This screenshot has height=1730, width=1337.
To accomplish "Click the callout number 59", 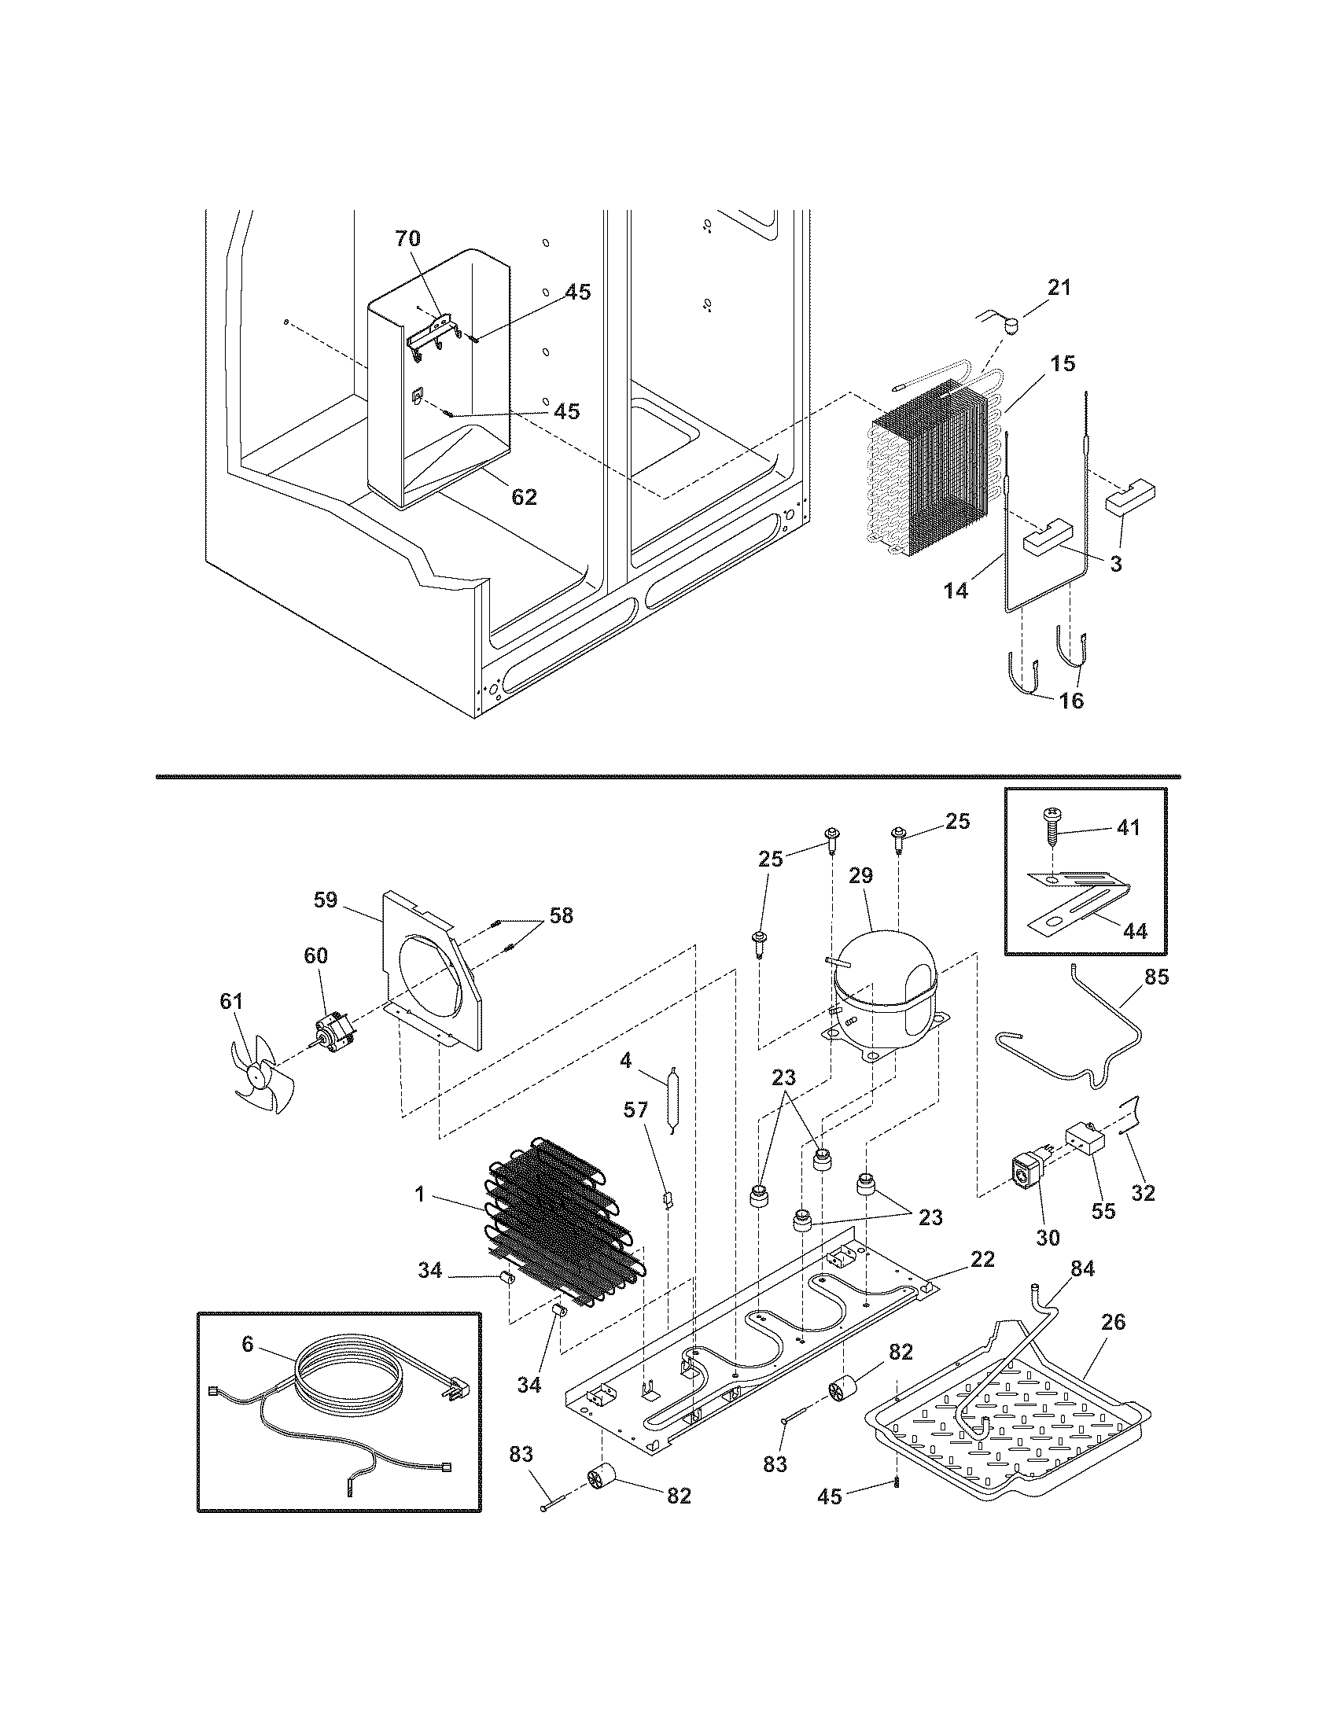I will click(326, 900).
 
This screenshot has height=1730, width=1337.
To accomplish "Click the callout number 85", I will click(1156, 977).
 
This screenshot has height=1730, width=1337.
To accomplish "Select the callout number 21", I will click(1059, 288).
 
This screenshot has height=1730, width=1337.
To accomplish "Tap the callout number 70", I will click(408, 238).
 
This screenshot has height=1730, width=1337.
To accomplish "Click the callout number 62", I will click(525, 497).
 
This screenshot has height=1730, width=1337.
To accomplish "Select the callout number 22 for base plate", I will click(982, 1259).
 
